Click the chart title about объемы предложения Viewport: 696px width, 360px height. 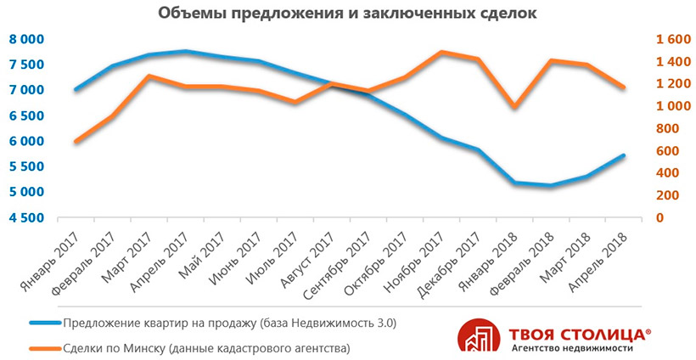coord(348,14)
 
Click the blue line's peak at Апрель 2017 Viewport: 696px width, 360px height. coord(186,52)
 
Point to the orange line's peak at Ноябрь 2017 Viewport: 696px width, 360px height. coord(441,52)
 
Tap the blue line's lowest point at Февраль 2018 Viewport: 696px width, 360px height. coord(551,185)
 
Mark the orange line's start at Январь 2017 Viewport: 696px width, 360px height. coord(77,141)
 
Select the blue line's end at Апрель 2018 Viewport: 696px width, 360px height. coord(624,155)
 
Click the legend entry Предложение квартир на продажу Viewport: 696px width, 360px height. coord(229,323)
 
